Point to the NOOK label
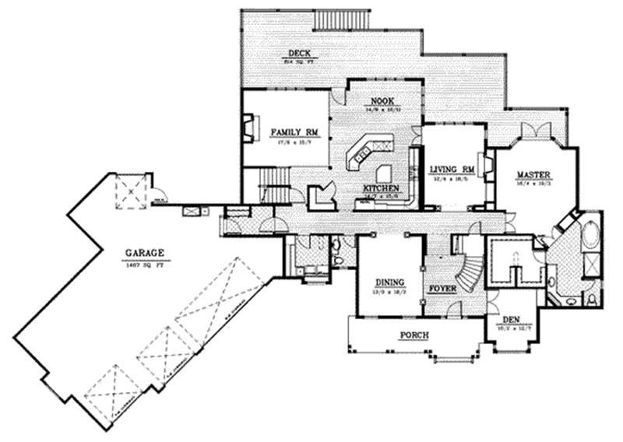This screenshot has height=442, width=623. tap(380, 101)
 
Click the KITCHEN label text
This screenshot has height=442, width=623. tap(381, 189)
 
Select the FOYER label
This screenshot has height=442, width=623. tap(443, 288)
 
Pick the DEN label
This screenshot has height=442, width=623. tap(511, 318)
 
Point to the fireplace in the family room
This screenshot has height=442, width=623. tap(248, 128)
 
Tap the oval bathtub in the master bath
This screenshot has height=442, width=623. tap(590, 233)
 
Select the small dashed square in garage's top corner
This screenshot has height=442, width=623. tap(127, 190)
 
